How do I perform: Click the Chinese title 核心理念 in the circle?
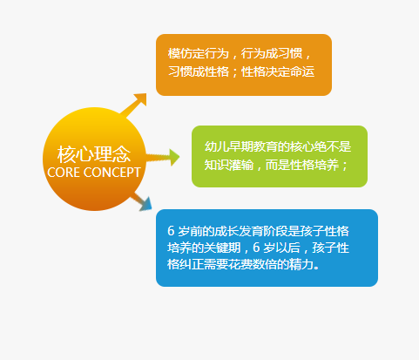tap(94, 154)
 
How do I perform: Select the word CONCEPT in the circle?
tap(112, 173)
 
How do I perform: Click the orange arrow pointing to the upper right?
tap(134, 105)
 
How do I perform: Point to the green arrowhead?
tap(174, 157)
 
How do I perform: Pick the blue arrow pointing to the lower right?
tap(142, 201)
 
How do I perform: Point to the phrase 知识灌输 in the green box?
tap(229, 165)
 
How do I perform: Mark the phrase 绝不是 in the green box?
tap(333, 146)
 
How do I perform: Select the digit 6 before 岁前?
tap(171, 231)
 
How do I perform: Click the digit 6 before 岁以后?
tap(256, 248)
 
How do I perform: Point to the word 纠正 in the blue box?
tap(192, 264)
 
